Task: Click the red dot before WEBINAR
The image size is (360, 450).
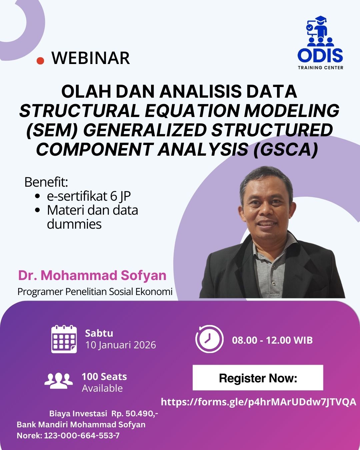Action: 40,60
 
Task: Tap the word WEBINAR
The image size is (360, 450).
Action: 91,58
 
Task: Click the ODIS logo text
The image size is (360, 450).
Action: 320,56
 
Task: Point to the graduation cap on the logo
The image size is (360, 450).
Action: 320,20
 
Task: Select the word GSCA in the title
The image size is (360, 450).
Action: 286,149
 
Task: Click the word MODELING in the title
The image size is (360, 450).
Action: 292,111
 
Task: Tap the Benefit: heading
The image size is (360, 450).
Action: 46,182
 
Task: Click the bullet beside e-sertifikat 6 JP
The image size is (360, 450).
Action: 38,196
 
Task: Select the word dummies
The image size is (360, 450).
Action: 74,224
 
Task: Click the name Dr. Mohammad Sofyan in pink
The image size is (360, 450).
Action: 92,275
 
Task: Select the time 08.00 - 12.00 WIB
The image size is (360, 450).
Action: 272,340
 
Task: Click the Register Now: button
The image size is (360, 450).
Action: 258,378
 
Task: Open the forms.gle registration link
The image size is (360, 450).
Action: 259,402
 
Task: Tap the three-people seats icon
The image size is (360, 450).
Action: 59,380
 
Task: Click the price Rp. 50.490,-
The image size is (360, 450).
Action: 135,413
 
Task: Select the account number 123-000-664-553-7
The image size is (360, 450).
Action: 82,436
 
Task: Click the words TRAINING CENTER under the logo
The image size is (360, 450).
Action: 320,68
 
